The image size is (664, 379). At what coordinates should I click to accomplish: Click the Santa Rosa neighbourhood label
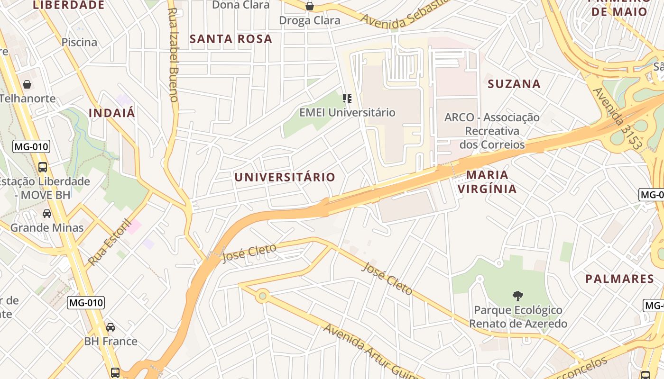coord(231,39)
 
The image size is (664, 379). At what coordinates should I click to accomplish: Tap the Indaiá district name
coord(112,113)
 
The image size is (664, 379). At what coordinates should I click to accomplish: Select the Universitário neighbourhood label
coord(285,177)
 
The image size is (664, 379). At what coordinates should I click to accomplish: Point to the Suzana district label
coord(514,84)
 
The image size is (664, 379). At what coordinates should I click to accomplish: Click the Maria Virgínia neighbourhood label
coord(487,182)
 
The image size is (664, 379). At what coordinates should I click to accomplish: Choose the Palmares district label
coord(619,279)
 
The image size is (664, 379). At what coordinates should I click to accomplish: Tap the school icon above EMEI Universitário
coord(347,99)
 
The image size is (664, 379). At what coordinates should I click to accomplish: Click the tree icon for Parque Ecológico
coord(518,296)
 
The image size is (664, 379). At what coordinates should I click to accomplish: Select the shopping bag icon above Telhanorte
coord(27,84)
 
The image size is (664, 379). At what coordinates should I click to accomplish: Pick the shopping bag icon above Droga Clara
coord(310,6)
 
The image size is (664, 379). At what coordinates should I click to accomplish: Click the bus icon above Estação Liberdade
coord(43,167)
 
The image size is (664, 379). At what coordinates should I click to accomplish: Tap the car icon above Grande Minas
coord(47,214)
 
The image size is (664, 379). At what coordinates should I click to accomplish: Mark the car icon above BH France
coord(111,327)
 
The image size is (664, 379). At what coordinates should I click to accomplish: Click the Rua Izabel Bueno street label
coord(173,54)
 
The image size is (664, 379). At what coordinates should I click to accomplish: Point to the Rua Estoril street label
coord(109,242)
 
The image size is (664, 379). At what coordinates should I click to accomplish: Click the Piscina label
coord(79,42)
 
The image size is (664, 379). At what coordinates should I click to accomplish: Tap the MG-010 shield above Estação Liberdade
coord(31,146)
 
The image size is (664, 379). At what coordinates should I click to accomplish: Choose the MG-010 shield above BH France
coord(85,302)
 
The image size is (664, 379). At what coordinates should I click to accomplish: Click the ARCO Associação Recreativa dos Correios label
coord(492,131)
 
